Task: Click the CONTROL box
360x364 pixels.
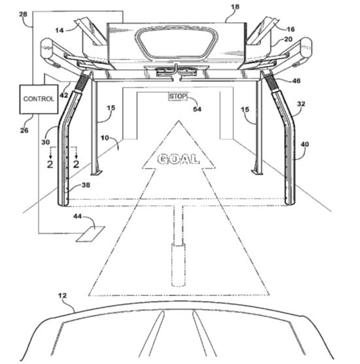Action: coord(39,99)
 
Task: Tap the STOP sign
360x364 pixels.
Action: coord(178,96)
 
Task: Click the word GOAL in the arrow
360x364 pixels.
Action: coord(178,159)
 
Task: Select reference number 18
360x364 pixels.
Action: coord(235,7)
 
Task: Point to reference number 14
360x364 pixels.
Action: coord(59,31)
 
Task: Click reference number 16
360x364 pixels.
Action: coord(291,29)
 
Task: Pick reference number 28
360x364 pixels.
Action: coord(23,14)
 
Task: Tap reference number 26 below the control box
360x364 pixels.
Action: coord(24,131)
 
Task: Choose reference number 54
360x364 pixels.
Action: coord(197,109)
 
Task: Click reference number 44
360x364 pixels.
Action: coord(78,216)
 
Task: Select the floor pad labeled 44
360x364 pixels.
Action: coord(91,234)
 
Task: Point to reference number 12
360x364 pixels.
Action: coord(62,296)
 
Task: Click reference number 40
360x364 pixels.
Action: coord(304,144)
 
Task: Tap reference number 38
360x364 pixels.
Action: coord(86,185)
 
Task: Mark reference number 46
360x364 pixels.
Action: coord(296,81)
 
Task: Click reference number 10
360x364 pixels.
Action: coord(105,138)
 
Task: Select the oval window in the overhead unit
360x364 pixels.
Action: coord(176,44)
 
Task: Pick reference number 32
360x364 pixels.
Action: coord(301,104)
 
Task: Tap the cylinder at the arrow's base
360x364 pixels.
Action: coord(178,265)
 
